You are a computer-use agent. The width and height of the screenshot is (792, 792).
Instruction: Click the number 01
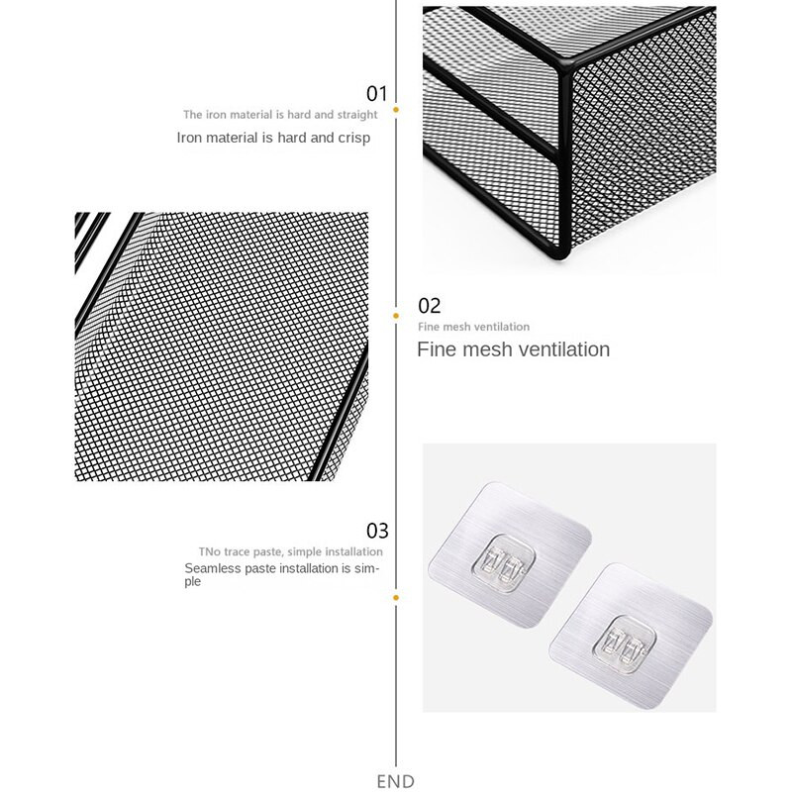click(377, 94)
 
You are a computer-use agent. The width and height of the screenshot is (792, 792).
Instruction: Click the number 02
click(430, 306)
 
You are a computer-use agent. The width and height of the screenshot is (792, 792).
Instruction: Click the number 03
click(377, 531)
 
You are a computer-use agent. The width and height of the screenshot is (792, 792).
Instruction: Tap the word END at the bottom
click(395, 781)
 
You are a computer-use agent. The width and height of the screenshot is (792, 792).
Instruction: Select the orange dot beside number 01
click(396, 110)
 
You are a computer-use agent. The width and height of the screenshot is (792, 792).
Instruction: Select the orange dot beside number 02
click(396, 316)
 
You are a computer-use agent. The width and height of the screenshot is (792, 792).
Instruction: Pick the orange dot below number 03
click(396, 598)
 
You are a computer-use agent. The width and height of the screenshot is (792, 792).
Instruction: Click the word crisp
click(354, 139)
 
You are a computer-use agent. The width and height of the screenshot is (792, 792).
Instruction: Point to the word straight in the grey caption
click(357, 115)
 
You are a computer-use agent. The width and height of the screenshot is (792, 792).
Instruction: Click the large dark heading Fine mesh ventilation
click(513, 349)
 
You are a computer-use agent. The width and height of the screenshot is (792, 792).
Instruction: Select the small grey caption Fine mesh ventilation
click(474, 327)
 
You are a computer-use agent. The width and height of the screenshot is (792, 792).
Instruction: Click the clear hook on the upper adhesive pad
click(504, 562)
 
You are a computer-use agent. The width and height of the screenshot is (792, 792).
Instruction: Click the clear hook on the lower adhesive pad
click(625, 644)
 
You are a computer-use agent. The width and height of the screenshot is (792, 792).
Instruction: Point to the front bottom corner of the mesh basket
click(561, 256)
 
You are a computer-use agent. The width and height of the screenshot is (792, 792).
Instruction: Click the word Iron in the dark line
click(189, 138)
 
